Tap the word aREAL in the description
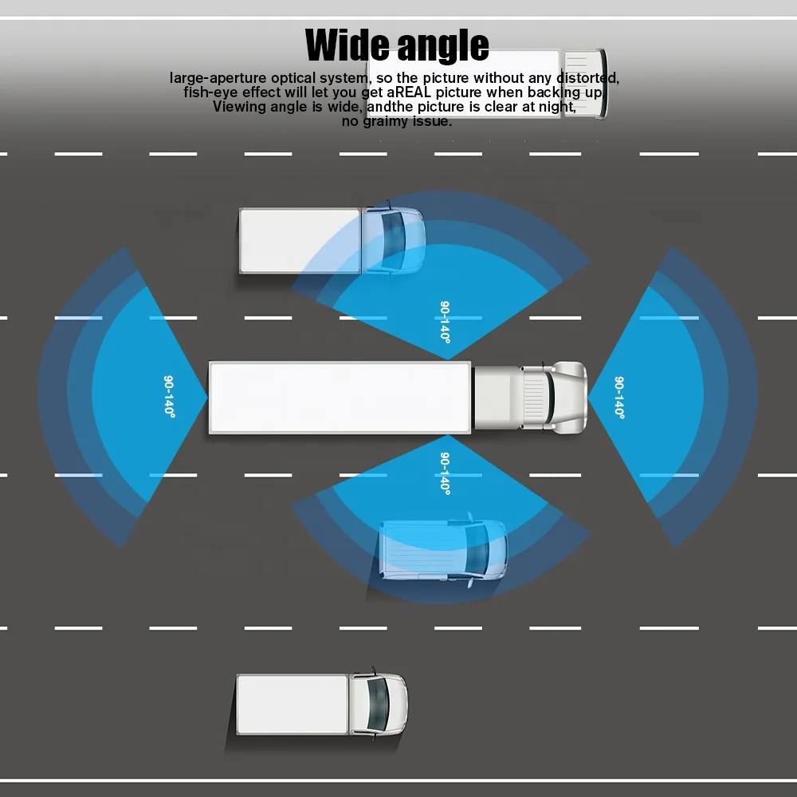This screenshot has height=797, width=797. (409, 92)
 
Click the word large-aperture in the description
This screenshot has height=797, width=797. (218, 78)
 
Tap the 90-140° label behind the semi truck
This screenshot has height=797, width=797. (169, 397)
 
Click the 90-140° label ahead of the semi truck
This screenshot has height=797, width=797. (619, 398)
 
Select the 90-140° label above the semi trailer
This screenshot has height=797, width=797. (445, 322)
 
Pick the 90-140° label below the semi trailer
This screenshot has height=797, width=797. (445, 473)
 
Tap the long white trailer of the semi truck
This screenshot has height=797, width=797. (340, 398)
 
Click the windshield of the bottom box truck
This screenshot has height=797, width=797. (378, 705)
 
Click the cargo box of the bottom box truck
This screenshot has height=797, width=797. (292, 705)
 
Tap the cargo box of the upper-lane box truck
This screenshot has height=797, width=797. (300, 241)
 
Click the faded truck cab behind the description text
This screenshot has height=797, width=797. (584, 84)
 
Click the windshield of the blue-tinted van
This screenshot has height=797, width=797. (477, 551)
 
